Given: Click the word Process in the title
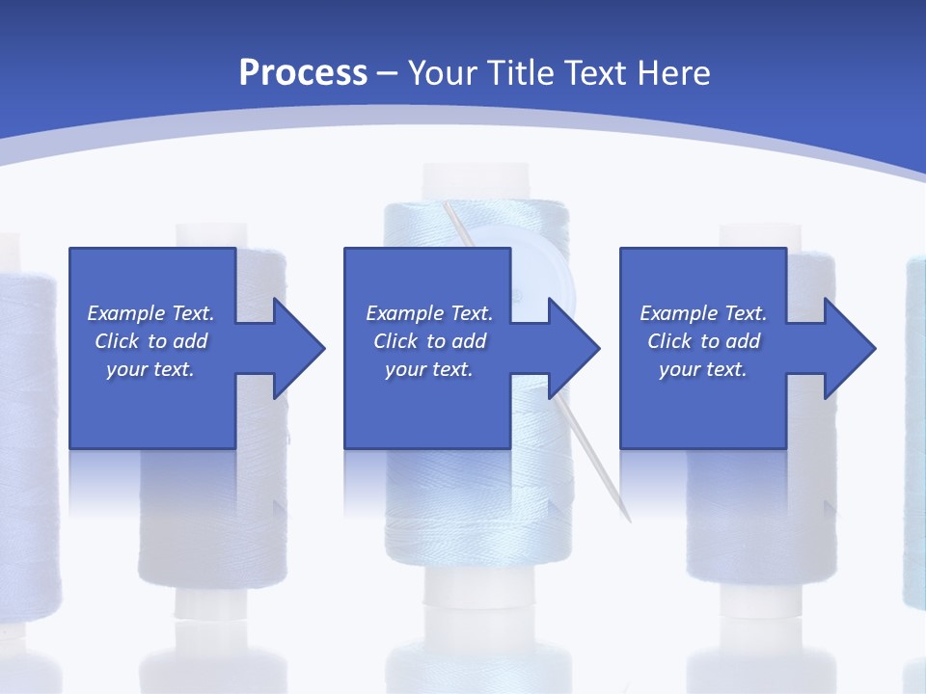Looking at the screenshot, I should click(303, 73).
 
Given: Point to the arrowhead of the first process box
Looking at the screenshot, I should click(300, 348).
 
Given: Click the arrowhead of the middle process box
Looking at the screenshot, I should click(575, 348).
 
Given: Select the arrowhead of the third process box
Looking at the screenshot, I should click(850, 348).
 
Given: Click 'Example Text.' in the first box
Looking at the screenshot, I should click(150, 313).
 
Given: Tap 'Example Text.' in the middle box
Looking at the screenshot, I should click(429, 313).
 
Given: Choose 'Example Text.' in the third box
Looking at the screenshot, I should click(703, 313).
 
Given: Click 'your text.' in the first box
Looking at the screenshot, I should click(150, 369).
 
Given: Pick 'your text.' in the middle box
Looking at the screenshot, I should click(429, 369).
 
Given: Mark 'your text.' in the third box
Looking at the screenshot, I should click(703, 369).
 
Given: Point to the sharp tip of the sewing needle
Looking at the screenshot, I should click(629, 520).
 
